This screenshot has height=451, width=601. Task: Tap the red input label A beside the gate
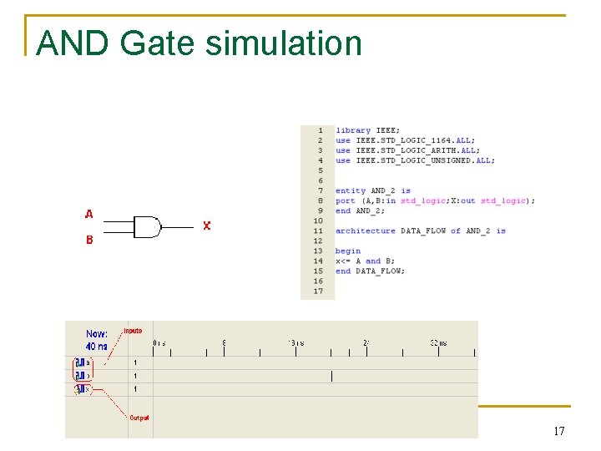[88, 214]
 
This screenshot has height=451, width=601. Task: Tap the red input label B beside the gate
[88, 240]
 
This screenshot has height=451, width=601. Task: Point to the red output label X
[206, 225]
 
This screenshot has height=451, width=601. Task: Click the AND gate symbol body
[147, 226]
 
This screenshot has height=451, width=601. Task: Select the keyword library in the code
[352, 130]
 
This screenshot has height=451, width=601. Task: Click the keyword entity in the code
[350, 190]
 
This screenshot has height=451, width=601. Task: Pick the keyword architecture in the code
[365, 231]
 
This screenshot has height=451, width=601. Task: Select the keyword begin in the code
[347, 251]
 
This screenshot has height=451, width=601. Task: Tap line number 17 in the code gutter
[318, 291]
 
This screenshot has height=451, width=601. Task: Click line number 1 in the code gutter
[320, 130]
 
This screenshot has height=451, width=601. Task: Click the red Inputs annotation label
[133, 332]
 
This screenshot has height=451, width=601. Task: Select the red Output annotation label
[139, 418]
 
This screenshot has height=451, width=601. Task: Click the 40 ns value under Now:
[97, 346]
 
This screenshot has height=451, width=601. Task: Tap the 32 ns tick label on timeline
[439, 342]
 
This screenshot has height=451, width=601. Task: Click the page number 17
[558, 431]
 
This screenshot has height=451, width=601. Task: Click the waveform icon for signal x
[79, 388]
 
